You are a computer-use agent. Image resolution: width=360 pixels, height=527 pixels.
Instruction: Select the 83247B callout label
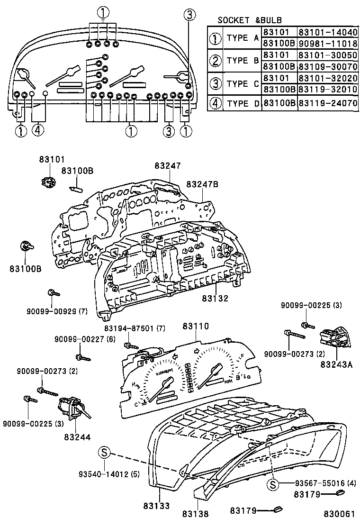pyautogui.click(x=202, y=184)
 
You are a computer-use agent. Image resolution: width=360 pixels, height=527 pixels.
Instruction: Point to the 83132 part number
pyautogui.click(x=215, y=299)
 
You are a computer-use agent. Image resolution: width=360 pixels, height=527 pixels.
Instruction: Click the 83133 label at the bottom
pyautogui.click(x=156, y=506)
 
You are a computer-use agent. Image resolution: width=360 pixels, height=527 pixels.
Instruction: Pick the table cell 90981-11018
pyautogui.click(x=327, y=44)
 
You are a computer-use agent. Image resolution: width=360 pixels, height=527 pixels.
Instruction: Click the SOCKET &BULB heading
pyautogui.click(x=249, y=20)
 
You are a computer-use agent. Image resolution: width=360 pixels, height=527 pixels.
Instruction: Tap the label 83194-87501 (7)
pyautogui.click(x=135, y=328)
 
